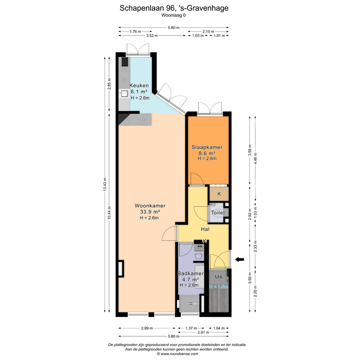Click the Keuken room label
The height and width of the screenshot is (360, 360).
tap(139, 85)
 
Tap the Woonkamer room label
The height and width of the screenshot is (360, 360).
tap(150, 206)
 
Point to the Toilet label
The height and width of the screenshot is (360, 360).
tap(218, 213)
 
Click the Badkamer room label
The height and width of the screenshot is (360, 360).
tap(191, 273)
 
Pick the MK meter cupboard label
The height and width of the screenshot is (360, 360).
tap(218, 277)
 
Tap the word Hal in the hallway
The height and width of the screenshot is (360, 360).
tap(205, 229)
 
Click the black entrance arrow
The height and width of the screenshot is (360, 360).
tap(240, 259)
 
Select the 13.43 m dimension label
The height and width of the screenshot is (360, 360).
tap(105, 184)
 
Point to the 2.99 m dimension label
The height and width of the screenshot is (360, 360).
tap(147, 328)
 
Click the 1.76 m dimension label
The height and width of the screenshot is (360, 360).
tap(135, 31)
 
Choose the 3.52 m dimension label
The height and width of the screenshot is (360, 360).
tap(152, 36)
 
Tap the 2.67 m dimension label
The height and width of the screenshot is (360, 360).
tap(203, 332)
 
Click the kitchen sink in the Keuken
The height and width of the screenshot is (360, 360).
tap(124, 94)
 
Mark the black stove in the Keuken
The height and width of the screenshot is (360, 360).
tap(125, 62)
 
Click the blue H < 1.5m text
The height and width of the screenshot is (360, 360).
tap(218, 287)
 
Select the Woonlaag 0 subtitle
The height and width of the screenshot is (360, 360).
tap(173, 15)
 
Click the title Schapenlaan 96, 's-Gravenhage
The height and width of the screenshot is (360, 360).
tap(174, 8)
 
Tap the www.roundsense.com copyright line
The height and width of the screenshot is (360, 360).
tap(178, 354)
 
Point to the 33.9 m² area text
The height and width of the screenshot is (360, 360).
tap(150, 212)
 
